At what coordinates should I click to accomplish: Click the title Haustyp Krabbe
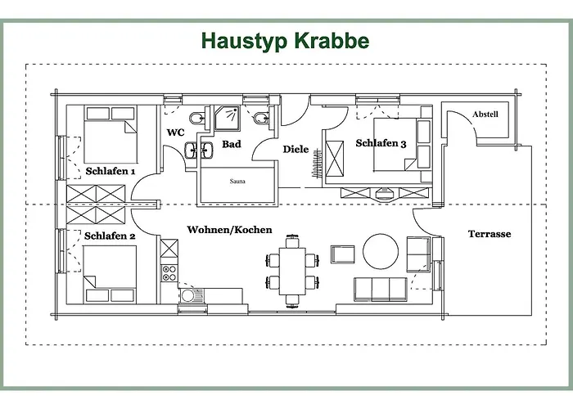pyautogui.click(x=285, y=41)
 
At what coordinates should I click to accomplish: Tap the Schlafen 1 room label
pyautogui.click(x=111, y=171)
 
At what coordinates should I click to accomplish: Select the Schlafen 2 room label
pyautogui.click(x=110, y=236)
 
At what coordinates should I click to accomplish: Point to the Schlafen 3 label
pyautogui.click(x=381, y=143)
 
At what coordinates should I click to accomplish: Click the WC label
pyautogui.click(x=176, y=133)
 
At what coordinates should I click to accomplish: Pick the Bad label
pyautogui.click(x=232, y=144)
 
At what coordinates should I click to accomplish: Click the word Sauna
pyautogui.click(x=237, y=181)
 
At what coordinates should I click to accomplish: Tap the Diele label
pyautogui.click(x=296, y=149)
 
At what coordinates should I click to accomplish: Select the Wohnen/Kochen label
pyautogui.click(x=229, y=230)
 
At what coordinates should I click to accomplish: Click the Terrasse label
pyautogui.click(x=490, y=234)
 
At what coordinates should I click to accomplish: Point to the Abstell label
pyautogui.click(x=485, y=115)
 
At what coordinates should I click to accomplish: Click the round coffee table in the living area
pyautogui.click(x=381, y=252)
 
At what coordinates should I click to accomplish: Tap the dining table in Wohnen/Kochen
pyautogui.click(x=292, y=271)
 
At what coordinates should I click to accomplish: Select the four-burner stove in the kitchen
pyautogui.click(x=169, y=273)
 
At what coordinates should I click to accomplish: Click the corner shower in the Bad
pyautogui.click(x=227, y=118)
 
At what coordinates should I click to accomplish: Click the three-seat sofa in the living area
pyautogui.click(x=381, y=290)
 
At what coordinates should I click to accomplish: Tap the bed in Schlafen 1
pyautogui.click(x=111, y=134)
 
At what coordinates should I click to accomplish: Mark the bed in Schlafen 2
pyautogui.click(x=110, y=274)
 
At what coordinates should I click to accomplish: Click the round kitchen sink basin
pyautogui.click(x=187, y=295)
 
